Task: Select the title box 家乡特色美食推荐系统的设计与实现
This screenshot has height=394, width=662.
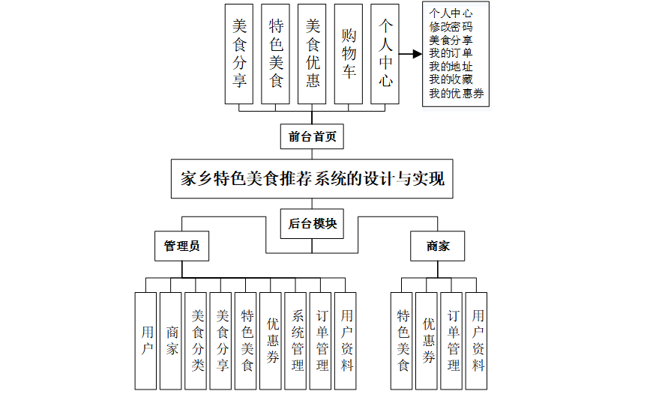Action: pyautogui.click(x=312, y=179)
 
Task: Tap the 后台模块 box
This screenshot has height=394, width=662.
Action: pyautogui.click(x=312, y=223)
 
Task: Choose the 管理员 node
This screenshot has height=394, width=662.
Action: pyautogui.click(x=181, y=246)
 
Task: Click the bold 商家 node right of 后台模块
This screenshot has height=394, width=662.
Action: pyautogui.click(x=438, y=246)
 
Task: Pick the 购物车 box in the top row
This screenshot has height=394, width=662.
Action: pyautogui.click(x=349, y=53)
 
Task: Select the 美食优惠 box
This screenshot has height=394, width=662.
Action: pyautogui.click(x=313, y=53)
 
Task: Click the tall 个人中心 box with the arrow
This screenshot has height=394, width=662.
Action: pyautogui.click(x=385, y=53)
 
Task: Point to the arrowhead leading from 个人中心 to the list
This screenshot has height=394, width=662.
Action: pyautogui.click(x=417, y=54)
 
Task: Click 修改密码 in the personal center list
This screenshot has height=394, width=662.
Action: pyautogui.click(x=451, y=26)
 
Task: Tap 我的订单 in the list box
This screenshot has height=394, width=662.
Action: pyautogui.click(x=451, y=53)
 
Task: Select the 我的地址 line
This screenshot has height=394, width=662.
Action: pyautogui.click(x=451, y=67)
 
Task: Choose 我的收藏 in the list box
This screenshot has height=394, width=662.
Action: pyautogui.click(x=451, y=80)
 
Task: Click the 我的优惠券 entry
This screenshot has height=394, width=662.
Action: pyautogui.click(x=456, y=94)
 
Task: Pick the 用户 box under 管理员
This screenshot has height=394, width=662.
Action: pyautogui.click(x=147, y=341)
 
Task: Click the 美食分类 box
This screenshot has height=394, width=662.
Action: pyautogui.click(x=197, y=341)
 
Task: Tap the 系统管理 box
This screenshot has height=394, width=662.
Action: pyautogui.click(x=298, y=341)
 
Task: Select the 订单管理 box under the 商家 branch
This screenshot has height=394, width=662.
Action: pyautogui.click(x=453, y=341)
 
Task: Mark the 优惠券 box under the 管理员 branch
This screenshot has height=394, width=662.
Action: pyautogui.click(x=272, y=341)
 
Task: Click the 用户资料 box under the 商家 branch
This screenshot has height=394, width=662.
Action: pyautogui.click(x=478, y=341)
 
